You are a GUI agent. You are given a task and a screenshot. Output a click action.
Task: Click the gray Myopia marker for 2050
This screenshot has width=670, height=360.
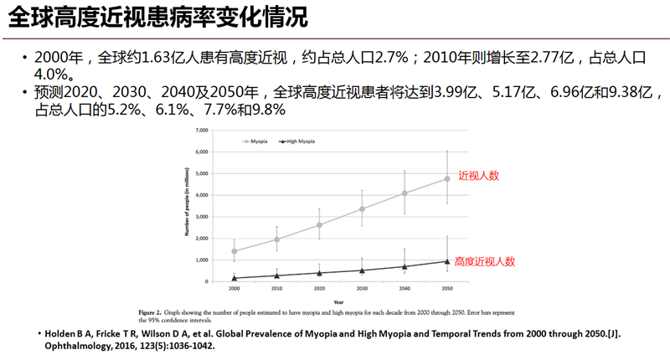pyautogui.click(x=447, y=178)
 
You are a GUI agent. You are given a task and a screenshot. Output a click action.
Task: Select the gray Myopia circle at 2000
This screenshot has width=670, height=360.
pyautogui.click(x=234, y=251)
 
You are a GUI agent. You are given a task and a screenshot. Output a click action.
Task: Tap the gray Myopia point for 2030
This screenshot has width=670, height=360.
pyautogui.click(x=362, y=208)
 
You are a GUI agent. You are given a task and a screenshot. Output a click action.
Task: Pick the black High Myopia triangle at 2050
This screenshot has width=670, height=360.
pyautogui.click(x=447, y=260)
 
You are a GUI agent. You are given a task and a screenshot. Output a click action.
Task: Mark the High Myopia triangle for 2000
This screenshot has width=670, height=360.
pyautogui.click(x=234, y=278)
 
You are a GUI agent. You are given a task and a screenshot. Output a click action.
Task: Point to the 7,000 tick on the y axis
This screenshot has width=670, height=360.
pyautogui.click(x=199, y=131)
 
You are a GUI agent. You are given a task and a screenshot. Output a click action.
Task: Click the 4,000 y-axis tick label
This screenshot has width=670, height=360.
pyautogui.click(x=199, y=195)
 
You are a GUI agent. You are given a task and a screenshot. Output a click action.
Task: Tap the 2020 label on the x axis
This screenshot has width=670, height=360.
pyautogui.click(x=319, y=288)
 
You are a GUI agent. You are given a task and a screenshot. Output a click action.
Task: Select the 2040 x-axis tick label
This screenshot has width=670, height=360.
pyautogui.click(x=405, y=288)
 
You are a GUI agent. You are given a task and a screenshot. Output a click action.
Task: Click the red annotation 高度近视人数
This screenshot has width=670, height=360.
pyautogui.click(x=483, y=260)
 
